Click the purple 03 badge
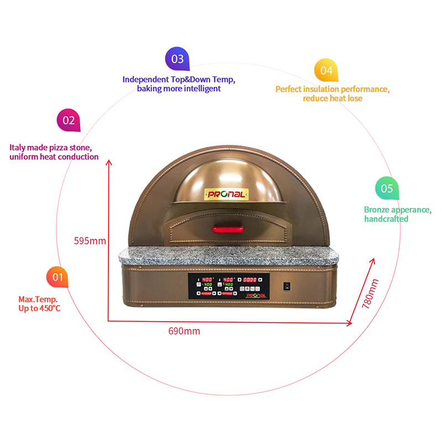tap(177, 59)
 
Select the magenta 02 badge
tap(69, 120)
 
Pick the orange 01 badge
tap(58, 276)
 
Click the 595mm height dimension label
tap(90, 240)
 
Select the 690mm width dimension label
tap(184, 331)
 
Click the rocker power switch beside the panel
tap(286, 286)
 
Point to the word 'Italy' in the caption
tap(19, 148)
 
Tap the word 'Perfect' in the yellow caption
tap(289, 88)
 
